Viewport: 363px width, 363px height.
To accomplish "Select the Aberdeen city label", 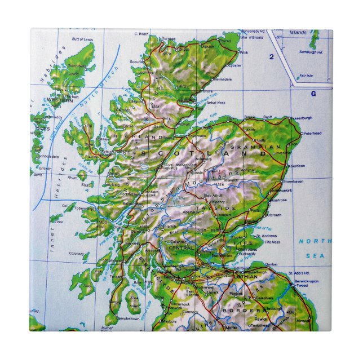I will pyautogui.click(x=297, y=166).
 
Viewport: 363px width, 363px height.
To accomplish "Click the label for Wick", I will pyautogui.click(x=244, y=52).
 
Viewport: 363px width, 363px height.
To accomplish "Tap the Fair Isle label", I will pyautogui.click(x=306, y=75).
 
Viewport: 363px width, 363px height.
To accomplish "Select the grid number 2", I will pyautogui.click(x=271, y=56).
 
